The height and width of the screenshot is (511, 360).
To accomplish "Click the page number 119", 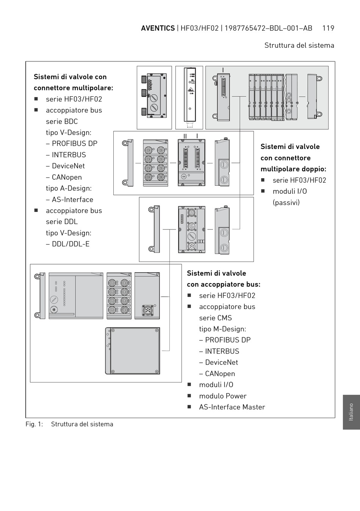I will pos(328,28).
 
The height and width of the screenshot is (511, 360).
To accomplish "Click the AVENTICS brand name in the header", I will pos(158,28).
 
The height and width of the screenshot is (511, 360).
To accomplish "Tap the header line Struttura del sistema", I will pos(299,45).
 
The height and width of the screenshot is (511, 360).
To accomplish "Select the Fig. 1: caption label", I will pos(34,424).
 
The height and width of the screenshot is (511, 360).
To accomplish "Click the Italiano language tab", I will pos(351,412).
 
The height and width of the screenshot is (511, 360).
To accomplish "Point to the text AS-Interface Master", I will pos(232,407).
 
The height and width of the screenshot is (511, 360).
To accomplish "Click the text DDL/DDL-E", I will pos(70,244).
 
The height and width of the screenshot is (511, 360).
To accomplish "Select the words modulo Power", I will pos(223,396).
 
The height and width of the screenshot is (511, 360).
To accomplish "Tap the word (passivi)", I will pos(286,202).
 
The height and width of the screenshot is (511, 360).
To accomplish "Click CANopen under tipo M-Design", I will pos(220,374).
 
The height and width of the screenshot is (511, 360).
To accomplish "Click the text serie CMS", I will pos(215,318).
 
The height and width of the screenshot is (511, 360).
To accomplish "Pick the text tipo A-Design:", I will pos(69,188).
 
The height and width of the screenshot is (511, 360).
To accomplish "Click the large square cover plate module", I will pos(133,351).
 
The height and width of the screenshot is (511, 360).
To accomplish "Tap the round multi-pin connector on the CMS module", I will pos(147,310).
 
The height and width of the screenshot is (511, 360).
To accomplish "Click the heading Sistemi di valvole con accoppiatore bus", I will pos(223,279).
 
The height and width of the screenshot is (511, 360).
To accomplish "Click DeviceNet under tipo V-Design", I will pos(68,166).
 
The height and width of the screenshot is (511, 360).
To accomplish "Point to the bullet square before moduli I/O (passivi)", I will pos(263,191).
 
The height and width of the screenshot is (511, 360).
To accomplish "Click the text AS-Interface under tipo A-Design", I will pos(72,200).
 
